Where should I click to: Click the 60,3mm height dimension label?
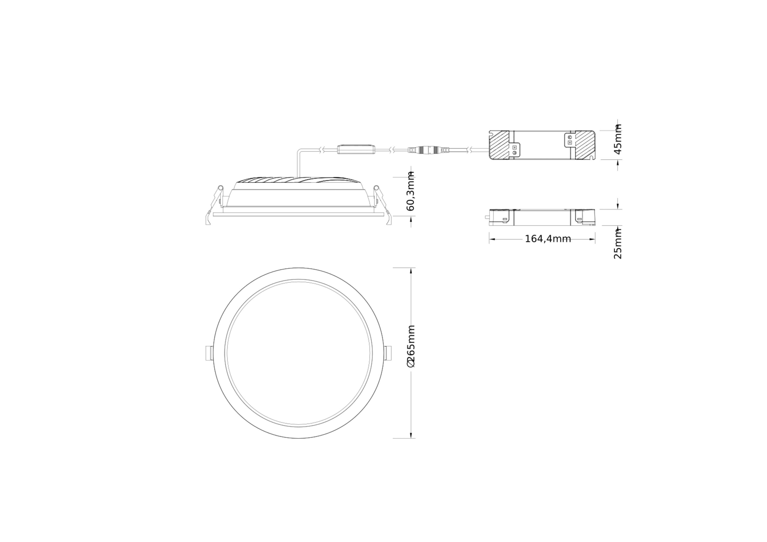[411, 191]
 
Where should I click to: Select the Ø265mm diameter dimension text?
[411, 346]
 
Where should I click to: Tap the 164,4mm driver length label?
[548, 239]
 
